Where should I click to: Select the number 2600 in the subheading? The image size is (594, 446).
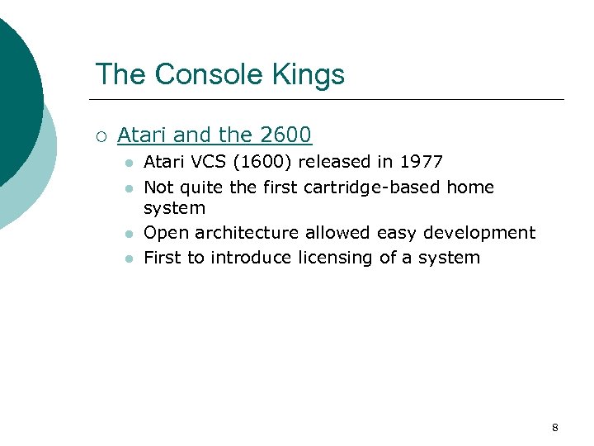click(x=285, y=135)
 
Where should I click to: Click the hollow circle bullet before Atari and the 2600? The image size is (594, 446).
click(x=101, y=135)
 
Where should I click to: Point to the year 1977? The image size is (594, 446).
click(x=421, y=162)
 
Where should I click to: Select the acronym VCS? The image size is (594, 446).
click(x=186, y=162)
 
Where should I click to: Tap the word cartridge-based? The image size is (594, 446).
click(x=375, y=187)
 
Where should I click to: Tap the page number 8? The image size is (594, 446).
click(x=554, y=428)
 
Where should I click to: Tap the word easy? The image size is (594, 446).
click(x=398, y=233)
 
